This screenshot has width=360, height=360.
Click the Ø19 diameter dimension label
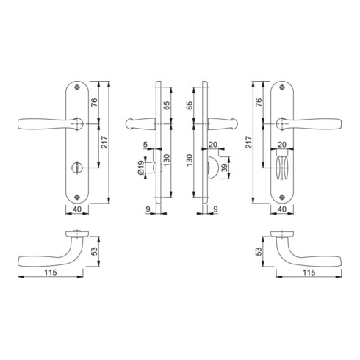coord(141,168)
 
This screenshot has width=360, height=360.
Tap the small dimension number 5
coord(145,145)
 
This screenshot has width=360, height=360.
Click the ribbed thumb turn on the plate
coord(282,168)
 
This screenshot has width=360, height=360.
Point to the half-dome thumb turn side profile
coord(212,168)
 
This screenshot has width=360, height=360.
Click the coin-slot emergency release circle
coord(77,168)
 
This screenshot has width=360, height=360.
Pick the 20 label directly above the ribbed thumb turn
coord(282,145)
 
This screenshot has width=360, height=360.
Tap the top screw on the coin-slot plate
coord(77,87)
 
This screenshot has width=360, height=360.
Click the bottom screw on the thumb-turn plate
coord(282,197)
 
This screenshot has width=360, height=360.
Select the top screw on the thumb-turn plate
coord(282,87)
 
